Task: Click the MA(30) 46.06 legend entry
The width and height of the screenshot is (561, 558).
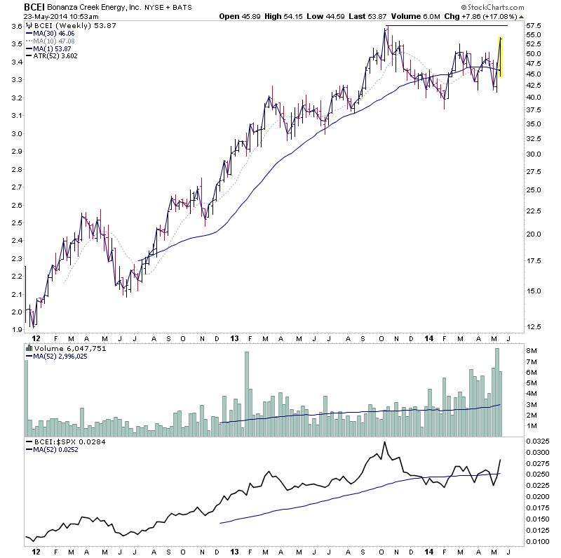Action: click(50, 33)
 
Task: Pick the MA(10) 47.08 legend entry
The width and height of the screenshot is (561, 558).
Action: click(50, 40)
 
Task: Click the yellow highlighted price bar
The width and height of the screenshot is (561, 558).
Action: click(500, 57)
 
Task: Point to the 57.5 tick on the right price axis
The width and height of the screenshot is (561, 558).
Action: click(536, 26)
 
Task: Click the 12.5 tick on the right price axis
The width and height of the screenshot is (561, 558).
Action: click(536, 327)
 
